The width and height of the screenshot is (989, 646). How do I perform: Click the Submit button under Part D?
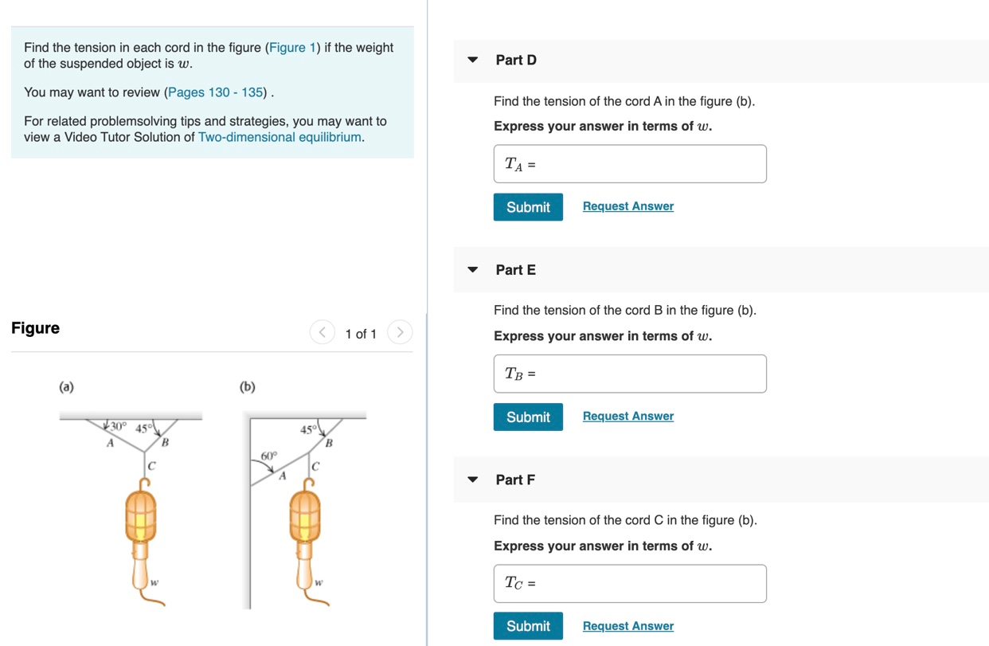click(x=528, y=207)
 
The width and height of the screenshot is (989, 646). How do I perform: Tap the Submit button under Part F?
click(x=528, y=626)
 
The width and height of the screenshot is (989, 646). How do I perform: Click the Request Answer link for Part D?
click(x=627, y=206)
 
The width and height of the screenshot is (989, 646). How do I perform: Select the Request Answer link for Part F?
click(x=627, y=626)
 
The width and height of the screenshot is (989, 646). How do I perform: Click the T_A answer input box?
click(x=630, y=164)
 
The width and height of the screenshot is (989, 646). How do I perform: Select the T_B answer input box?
click(x=630, y=374)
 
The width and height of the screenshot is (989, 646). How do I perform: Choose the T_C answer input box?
click(x=630, y=584)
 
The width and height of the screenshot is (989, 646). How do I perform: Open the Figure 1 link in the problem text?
click(x=292, y=48)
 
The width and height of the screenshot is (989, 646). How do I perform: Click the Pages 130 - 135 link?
click(x=216, y=92)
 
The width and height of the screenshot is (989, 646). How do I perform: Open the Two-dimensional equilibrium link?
click(x=279, y=137)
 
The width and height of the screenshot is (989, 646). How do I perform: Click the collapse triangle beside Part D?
click(x=473, y=60)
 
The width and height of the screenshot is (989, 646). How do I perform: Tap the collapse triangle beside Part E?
click(x=473, y=270)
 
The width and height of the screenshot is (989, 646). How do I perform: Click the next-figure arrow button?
click(x=400, y=332)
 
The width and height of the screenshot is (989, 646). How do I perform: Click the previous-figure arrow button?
click(x=322, y=332)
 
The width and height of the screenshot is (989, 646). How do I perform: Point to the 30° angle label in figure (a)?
click(x=118, y=427)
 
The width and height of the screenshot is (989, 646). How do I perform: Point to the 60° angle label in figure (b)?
click(x=269, y=456)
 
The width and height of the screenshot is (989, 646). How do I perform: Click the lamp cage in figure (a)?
click(x=141, y=516)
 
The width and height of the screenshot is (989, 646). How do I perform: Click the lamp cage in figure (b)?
click(x=304, y=516)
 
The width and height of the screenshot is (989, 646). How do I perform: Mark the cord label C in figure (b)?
click(x=316, y=467)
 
